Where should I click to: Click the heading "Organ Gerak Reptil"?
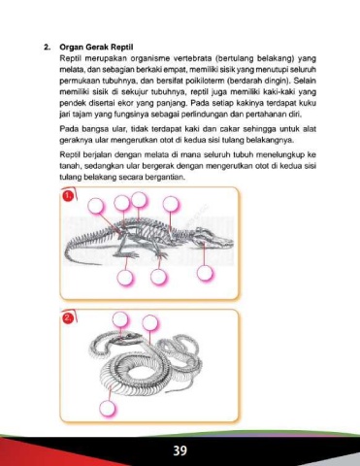[96, 48]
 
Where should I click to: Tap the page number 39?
[180, 450]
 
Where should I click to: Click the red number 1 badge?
[67, 196]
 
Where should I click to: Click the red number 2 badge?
[67, 318]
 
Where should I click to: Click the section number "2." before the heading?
[48, 48]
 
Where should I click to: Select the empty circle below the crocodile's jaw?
[205, 274]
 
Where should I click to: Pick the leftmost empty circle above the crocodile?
[96, 206]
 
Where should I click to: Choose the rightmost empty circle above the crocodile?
[171, 205]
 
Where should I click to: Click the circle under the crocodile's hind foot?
[125, 278]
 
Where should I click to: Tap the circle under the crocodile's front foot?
[158, 278]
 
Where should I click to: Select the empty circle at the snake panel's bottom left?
[107, 409]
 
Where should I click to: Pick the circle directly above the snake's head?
[120, 320]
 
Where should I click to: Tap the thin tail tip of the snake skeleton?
[173, 391]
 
